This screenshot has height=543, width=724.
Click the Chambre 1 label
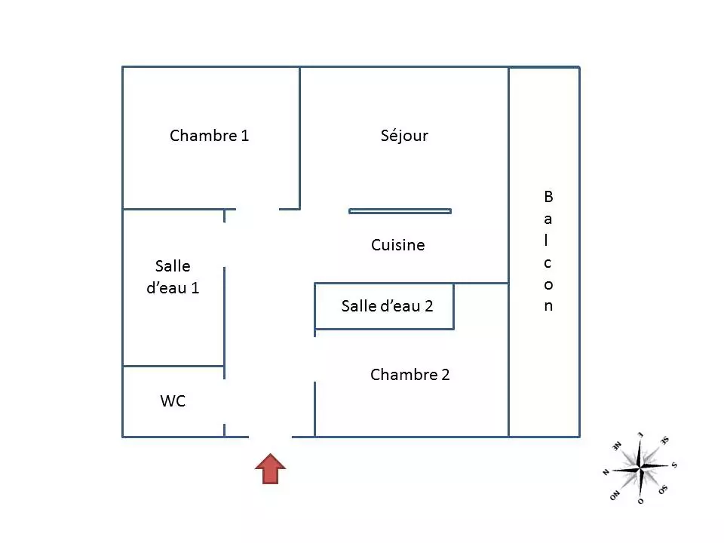(x=209, y=136)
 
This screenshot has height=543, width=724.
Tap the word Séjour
(x=404, y=136)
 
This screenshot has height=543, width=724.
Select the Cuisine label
(x=397, y=245)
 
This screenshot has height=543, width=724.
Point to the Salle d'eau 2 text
(x=387, y=306)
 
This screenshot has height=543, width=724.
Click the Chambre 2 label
(x=410, y=375)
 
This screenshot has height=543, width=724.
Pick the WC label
(x=173, y=401)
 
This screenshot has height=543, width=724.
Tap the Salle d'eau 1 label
(x=173, y=277)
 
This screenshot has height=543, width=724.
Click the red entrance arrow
(x=270, y=468)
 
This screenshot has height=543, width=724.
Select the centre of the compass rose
(x=640, y=469)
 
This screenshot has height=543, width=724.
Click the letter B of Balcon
(x=548, y=197)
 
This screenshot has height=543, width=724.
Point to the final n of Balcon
(x=548, y=306)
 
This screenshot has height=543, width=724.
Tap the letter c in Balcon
(x=548, y=262)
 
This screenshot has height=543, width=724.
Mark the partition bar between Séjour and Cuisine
(x=400, y=211)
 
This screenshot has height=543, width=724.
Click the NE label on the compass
(x=618, y=445)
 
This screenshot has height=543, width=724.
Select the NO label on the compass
(x=615, y=494)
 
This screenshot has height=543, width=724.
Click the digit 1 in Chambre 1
(x=244, y=136)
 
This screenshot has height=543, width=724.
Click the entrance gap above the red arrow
(x=270, y=437)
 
